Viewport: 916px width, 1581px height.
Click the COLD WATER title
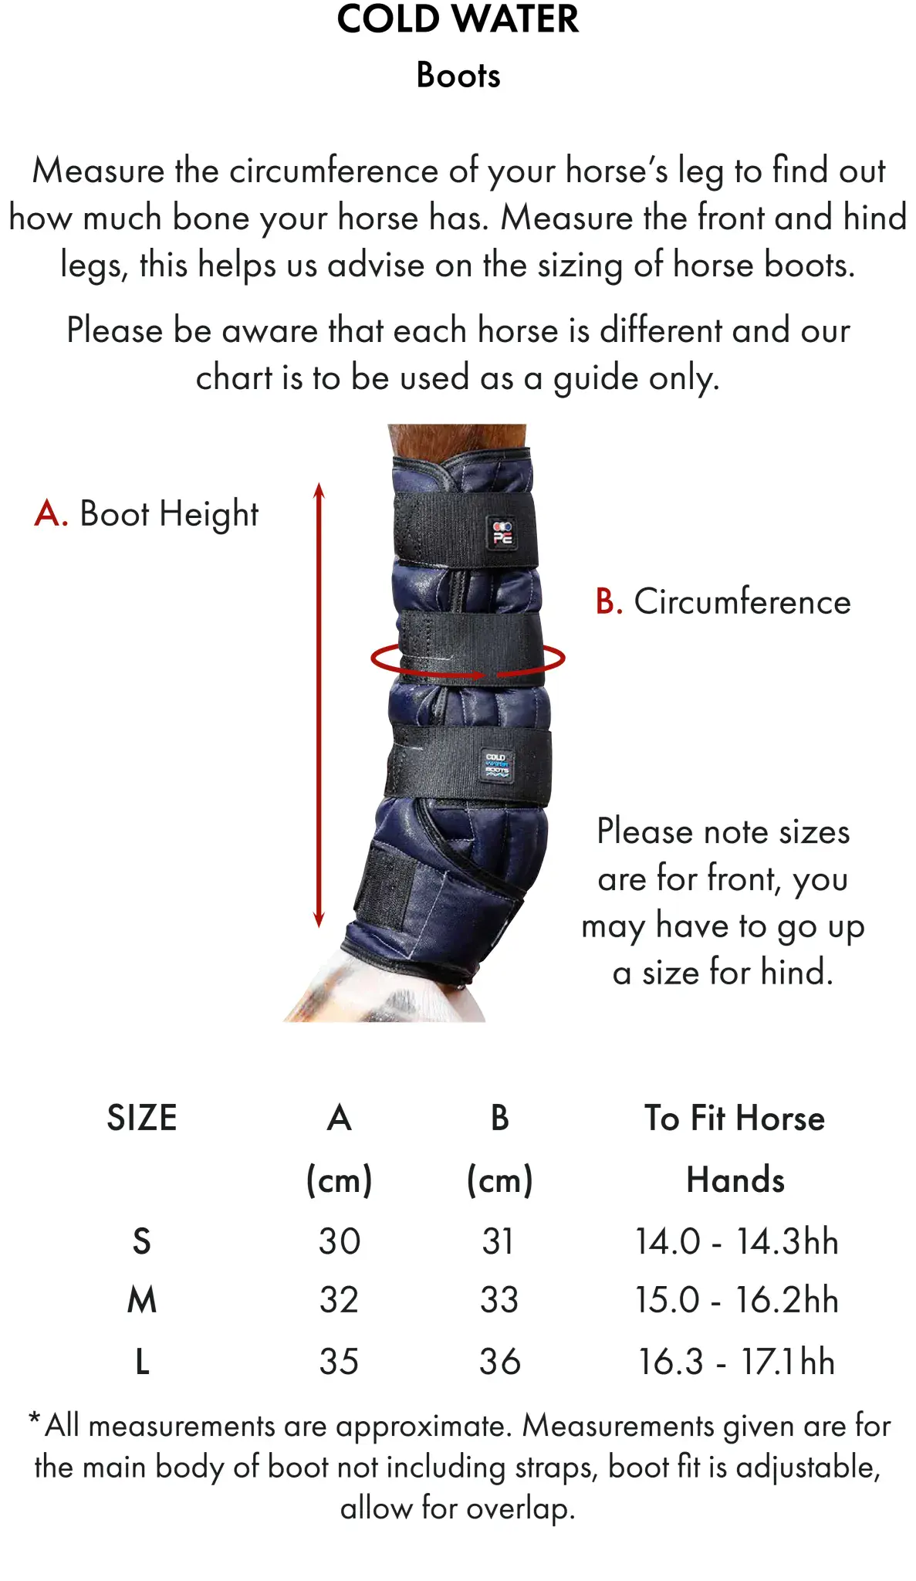(458, 19)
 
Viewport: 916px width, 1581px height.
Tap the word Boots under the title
(458, 76)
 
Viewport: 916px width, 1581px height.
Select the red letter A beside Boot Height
(51, 513)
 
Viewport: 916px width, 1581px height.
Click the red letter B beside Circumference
(609, 601)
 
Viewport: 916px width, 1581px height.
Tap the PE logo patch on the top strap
(502, 533)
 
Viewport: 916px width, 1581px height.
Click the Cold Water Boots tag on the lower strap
(496, 764)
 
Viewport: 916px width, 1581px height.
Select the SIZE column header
(142, 1118)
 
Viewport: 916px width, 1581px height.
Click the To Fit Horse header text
(735, 1118)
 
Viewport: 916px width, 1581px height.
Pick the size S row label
(142, 1241)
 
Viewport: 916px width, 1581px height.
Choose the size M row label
(142, 1300)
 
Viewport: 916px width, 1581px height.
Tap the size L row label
(142, 1362)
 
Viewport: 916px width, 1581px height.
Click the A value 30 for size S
(340, 1241)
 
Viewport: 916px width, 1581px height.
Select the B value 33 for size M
(499, 1300)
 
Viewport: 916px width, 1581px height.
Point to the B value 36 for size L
(499, 1362)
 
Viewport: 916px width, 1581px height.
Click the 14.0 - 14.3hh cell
(736, 1241)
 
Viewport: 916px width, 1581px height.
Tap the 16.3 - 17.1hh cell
(736, 1362)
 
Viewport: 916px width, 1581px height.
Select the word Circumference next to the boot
(742, 601)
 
